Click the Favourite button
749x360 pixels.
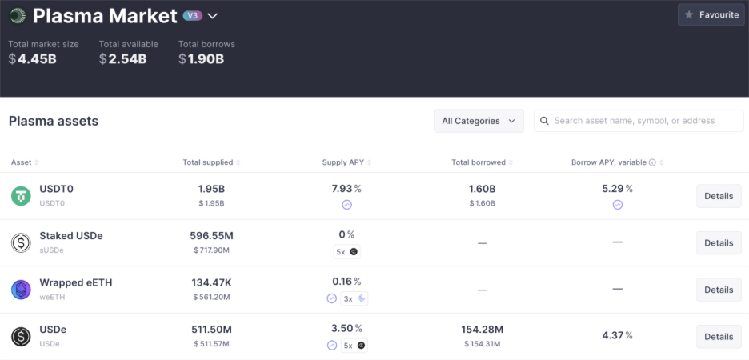coord(711,15)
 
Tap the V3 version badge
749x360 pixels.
coord(193,16)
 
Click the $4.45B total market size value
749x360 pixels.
coord(33,58)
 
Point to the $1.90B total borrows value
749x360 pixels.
coord(201,58)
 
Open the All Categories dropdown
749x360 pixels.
coord(479,121)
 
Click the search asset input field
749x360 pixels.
coord(639,121)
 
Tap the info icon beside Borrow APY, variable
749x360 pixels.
coord(652,162)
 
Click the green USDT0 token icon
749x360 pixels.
coord(21,196)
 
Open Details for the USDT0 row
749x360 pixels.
coord(719,196)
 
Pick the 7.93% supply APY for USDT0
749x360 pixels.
coord(346,189)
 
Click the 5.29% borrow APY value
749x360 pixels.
coord(617,189)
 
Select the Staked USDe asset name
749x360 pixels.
coord(71,236)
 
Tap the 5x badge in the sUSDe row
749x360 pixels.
coord(346,252)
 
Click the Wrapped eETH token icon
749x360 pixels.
coord(21,290)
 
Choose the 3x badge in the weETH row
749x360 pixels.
coord(354,299)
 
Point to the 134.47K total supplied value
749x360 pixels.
coord(211,282)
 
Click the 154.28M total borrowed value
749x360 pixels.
coord(482,330)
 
